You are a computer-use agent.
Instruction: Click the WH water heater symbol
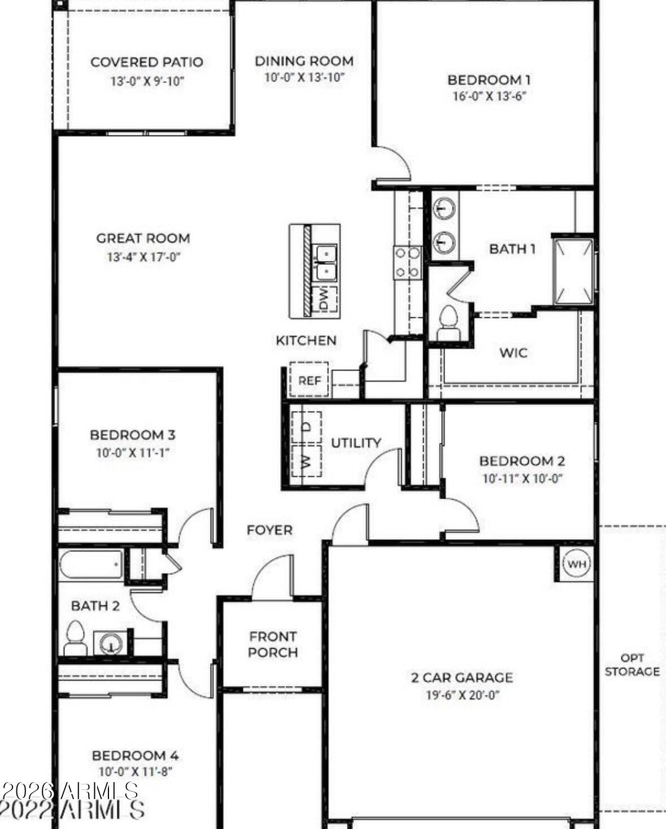click(x=576, y=564)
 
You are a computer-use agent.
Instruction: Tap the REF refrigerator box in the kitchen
click(x=309, y=380)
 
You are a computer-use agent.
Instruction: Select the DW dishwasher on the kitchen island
click(x=324, y=299)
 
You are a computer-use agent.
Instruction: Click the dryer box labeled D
click(x=307, y=427)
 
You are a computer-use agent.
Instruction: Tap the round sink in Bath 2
click(x=111, y=643)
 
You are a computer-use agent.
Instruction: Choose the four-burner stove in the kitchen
click(x=407, y=263)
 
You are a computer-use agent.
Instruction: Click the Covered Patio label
click(x=147, y=62)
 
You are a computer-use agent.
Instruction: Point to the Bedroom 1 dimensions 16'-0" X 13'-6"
click(x=489, y=96)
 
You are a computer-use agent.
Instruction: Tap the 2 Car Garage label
click(x=462, y=677)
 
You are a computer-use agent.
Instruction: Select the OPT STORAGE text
click(x=632, y=665)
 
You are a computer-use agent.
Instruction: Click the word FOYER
click(x=269, y=530)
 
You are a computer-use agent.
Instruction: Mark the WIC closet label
click(x=513, y=353)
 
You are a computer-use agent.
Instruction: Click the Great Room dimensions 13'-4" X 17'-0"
click(x=143, y=257)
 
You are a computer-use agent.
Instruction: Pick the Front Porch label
click(x=273, y=644)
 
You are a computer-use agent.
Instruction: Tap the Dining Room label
click(x=304, y=61)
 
